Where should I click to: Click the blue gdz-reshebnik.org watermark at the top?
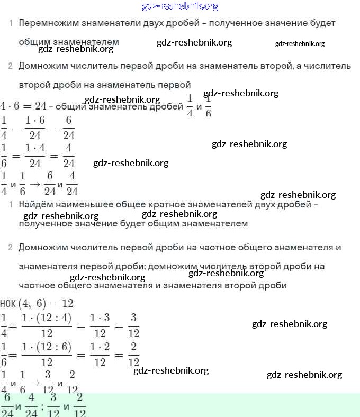(180, 6)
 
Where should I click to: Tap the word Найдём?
(35, 204)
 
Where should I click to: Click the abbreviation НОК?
(8, 303)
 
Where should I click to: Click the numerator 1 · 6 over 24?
(35, 121)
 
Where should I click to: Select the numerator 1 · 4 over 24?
(35, 149)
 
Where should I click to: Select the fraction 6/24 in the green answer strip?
(7, 405)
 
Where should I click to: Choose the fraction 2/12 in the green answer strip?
(80, 405)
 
